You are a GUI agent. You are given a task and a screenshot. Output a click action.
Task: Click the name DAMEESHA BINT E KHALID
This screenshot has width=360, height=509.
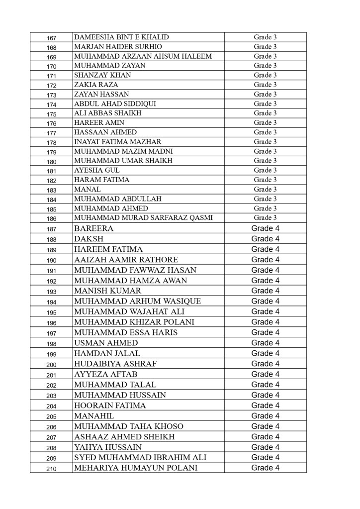[x=121, y=37]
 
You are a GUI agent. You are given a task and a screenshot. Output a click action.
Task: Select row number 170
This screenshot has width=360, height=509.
[x=51, y=66]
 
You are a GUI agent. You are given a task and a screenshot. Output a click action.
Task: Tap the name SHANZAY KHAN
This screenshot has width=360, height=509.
[x=102, y=75]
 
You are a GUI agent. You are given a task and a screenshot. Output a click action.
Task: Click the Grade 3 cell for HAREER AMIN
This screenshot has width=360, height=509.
[x=265, y=122]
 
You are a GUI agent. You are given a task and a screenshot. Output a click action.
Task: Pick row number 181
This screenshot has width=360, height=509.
[x=51, y=171]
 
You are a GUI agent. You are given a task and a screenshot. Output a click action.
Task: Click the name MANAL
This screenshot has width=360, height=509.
[x=87, y=189]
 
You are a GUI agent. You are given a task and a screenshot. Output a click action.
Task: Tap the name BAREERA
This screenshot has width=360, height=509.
[x=93, y=228]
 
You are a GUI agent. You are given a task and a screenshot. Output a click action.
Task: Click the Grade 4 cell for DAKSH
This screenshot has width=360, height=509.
[x=265, y=239]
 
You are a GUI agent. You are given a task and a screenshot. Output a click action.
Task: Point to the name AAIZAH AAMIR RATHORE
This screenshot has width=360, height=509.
[x=125, y=260]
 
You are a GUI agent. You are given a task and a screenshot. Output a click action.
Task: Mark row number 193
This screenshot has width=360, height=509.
[x=51, y=292]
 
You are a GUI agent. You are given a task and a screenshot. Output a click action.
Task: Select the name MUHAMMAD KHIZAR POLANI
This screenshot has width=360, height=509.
[x=134, y=322]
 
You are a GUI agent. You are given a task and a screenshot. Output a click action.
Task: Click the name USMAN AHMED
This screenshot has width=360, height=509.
[x=105, y=343]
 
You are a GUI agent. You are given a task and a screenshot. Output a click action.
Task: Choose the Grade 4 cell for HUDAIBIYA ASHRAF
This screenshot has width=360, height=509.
[x=265, y=364]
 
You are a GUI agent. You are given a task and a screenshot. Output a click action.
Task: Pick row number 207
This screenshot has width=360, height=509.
[x=51, y=437]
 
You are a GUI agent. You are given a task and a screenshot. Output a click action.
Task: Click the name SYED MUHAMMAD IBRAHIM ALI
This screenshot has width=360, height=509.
[x=140, y=457]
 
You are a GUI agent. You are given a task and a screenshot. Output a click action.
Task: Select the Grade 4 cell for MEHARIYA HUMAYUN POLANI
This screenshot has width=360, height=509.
[x=265, y=468]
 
